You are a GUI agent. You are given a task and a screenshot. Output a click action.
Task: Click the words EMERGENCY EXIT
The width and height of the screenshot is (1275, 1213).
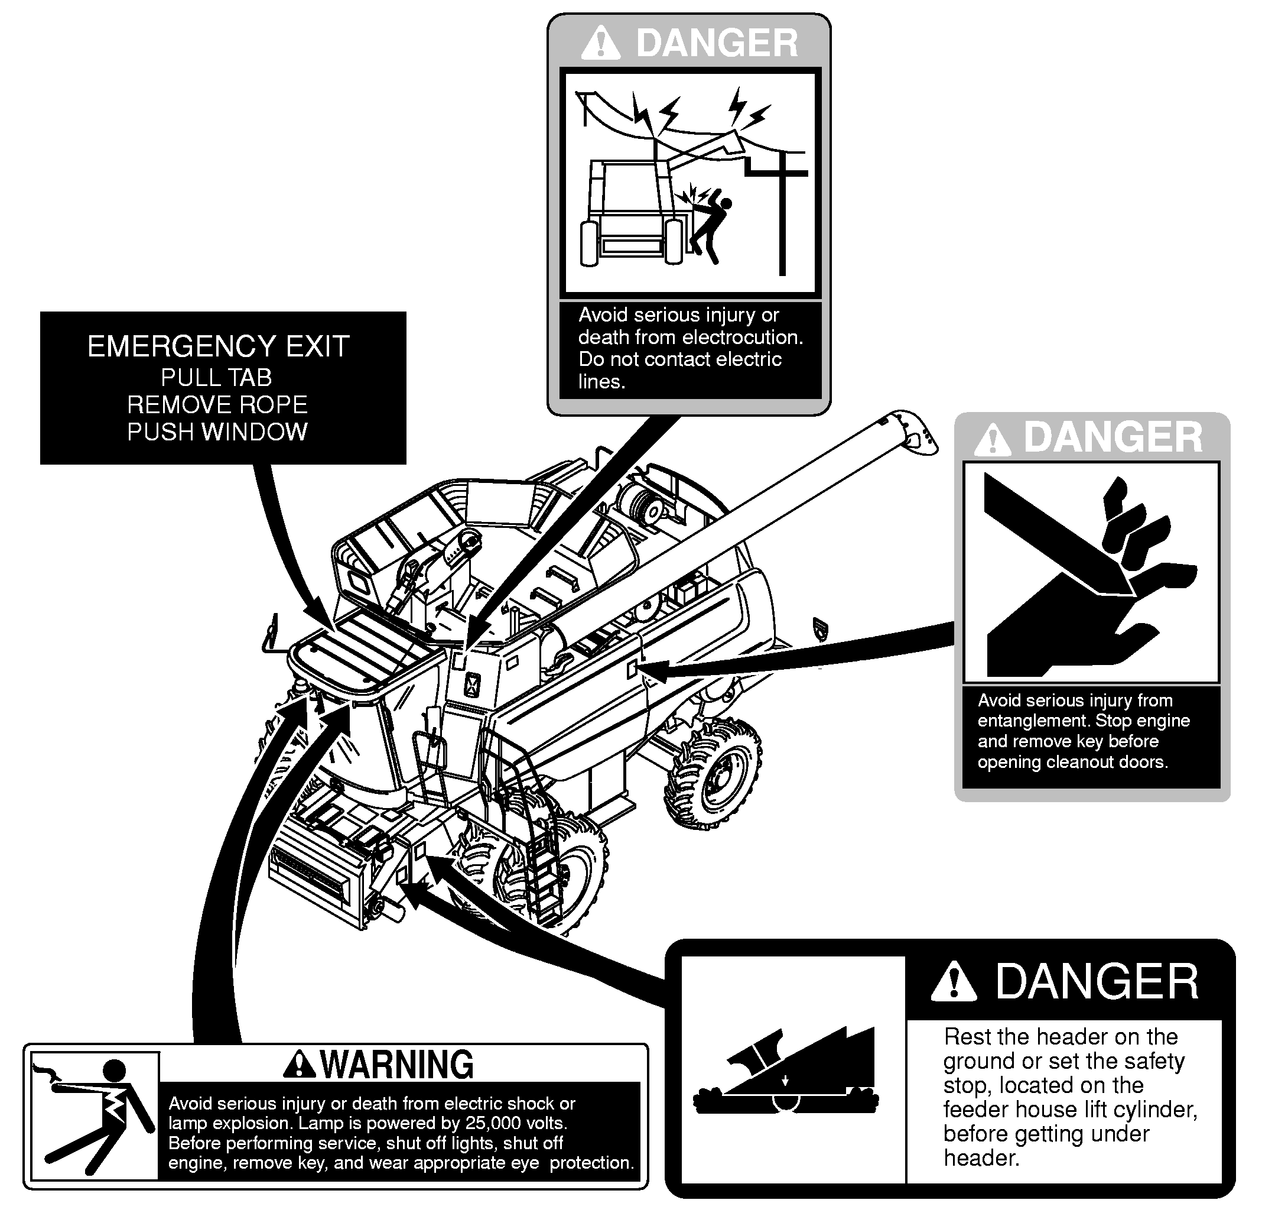click(x=219, y=346)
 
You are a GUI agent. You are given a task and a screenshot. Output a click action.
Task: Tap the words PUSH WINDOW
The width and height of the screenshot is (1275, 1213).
click(x=217, y=432)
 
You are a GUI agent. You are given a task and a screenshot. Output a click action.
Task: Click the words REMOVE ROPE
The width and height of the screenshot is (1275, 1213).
click(x=217, y=405)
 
